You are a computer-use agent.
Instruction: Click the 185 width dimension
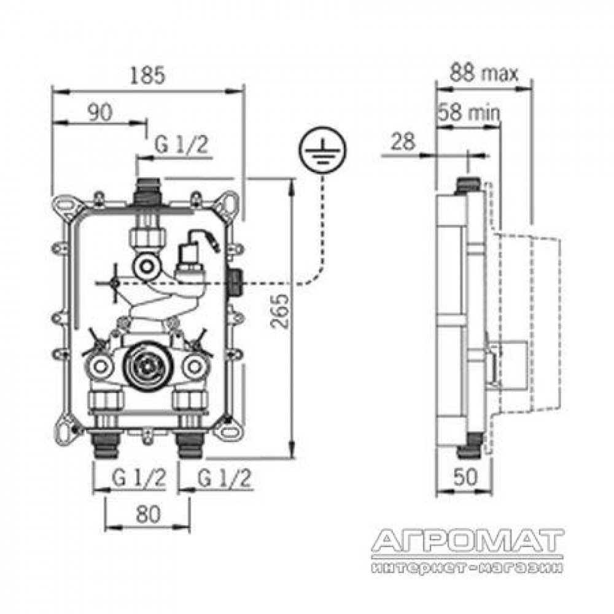click(147, 75)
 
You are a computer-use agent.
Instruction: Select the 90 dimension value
click(100, 112)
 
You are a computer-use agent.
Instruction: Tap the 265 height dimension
click(279, 311)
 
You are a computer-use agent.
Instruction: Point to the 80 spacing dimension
click(148, 514)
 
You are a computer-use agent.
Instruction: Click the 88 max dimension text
click(484, 73)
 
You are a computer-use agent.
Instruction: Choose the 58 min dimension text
click(469, 112)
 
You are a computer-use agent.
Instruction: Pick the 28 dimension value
click(403, 141)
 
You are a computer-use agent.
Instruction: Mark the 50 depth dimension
click(465, 476)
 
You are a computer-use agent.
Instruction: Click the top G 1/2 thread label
click(181, 145)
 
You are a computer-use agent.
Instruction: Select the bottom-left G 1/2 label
click(139, 478)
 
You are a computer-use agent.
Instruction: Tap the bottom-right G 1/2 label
click(224, 478)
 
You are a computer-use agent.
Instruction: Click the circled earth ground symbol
click(322, 150)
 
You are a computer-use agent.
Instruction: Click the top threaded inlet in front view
click(147, 192)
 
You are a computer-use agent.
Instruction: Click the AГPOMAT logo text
click(467, 540)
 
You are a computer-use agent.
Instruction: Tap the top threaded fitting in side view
click(469, 185)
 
